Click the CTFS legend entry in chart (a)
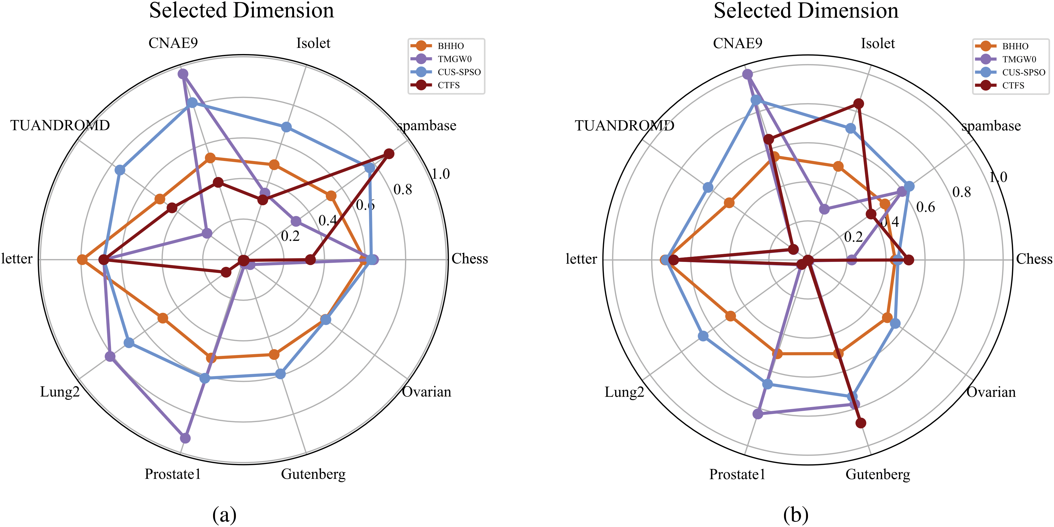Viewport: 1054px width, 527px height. pos(448,85)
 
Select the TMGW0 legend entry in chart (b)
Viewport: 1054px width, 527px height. pos(1019,59)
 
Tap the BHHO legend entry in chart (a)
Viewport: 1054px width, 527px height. pos(450,46)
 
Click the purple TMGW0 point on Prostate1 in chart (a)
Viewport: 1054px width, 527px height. pos(185,438)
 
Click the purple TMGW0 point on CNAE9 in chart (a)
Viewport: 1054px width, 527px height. pos(183,74)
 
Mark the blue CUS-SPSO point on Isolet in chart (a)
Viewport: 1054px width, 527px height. pos(286,127)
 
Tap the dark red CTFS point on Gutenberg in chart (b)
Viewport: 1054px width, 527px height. pos(861,423)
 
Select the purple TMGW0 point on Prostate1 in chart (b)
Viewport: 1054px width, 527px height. pos(758,414)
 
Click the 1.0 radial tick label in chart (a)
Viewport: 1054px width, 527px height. pos(441,174)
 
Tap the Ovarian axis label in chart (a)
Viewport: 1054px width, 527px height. pos(427,392)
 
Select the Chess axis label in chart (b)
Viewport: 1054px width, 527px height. pos(1034,259)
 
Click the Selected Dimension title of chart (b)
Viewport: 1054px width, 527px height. pos(806,11)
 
